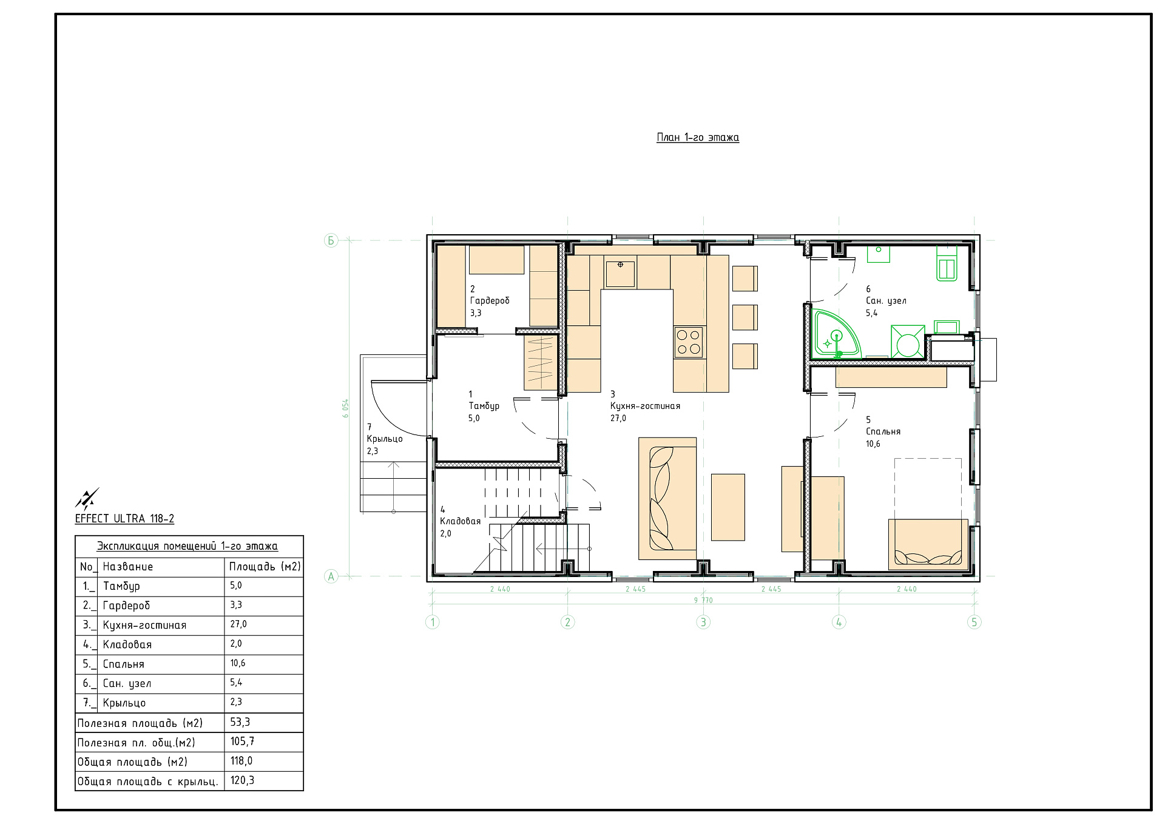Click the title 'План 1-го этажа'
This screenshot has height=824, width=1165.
(698, 138)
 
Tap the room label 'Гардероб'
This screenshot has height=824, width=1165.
(490, 301)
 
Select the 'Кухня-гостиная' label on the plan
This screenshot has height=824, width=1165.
(645, 406)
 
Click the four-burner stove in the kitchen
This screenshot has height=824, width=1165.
(689, 342)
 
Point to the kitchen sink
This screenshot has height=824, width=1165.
(620, 274)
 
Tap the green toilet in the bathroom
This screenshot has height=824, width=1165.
(947, 263)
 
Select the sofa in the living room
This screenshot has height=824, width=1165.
(667, 498)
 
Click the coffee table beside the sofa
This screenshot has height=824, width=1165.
(728, 507)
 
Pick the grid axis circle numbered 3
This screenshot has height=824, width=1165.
(703, 622)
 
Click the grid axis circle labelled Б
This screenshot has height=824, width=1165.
(331, 240)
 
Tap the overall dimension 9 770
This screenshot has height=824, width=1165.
(703, 600)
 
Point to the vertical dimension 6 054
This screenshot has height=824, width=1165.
(346, 408)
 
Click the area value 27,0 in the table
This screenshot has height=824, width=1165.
(238, 624)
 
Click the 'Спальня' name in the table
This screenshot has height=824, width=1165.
(124, 664)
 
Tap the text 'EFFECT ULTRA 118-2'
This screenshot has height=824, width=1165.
(124, 519)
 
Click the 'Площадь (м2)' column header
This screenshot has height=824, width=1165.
(265, 567)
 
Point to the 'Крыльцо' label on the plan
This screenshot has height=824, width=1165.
(385, 439)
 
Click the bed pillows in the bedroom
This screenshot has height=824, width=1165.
(928, 558)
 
